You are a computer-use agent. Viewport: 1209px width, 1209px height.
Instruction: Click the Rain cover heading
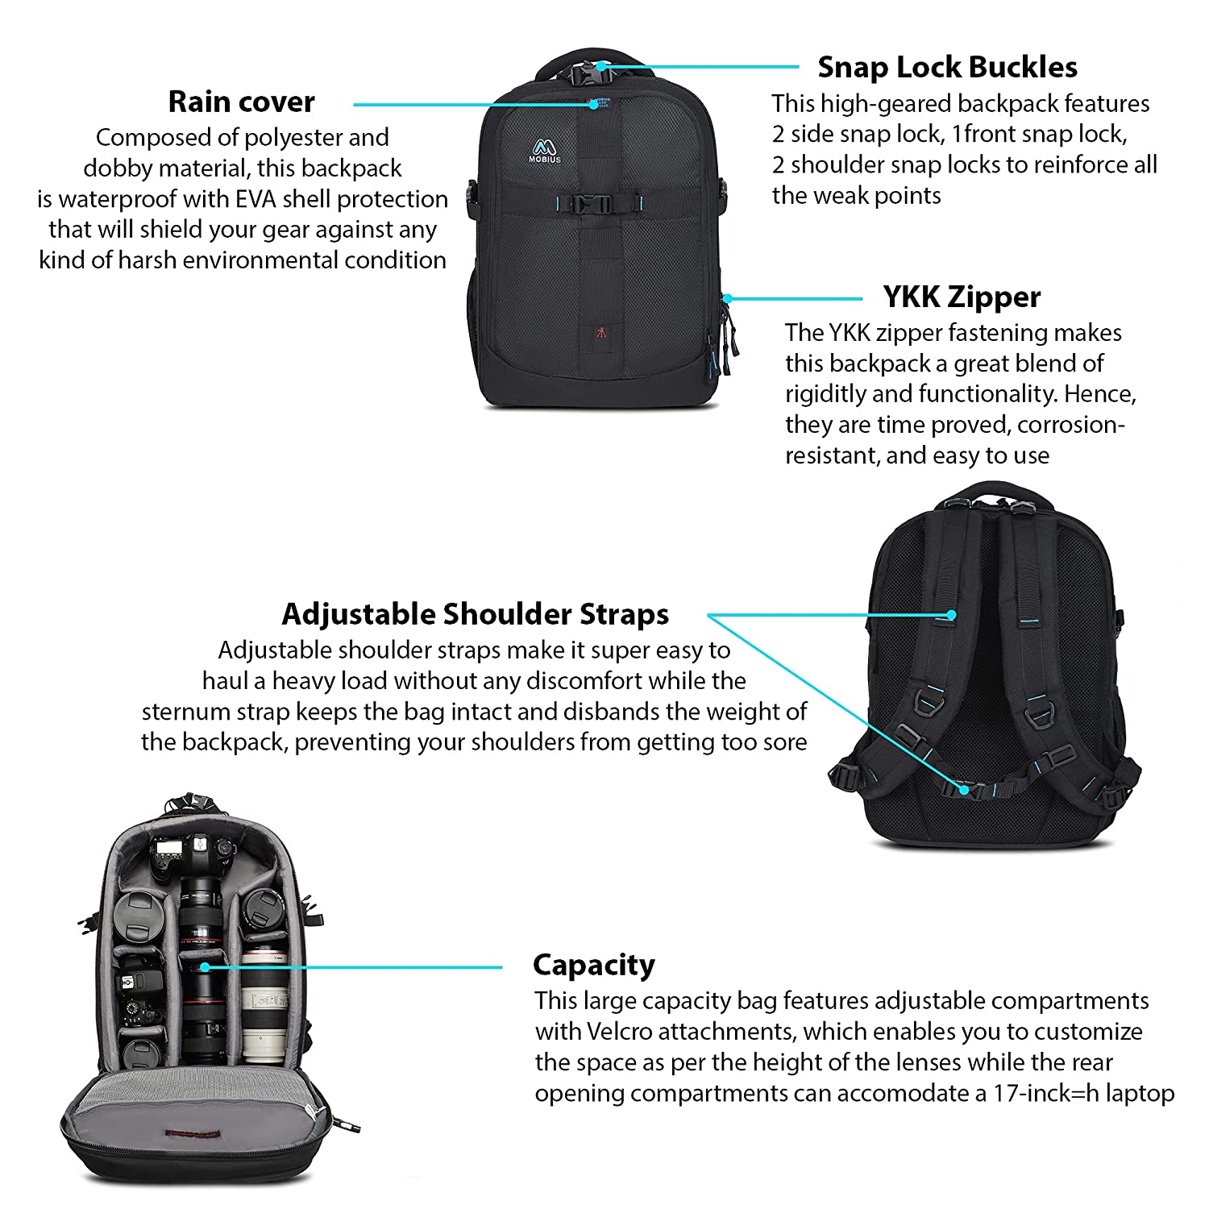point(241,102)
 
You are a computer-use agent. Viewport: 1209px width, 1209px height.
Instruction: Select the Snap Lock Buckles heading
point(947,68)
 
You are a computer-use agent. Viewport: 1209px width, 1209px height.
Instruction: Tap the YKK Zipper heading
point(962,297)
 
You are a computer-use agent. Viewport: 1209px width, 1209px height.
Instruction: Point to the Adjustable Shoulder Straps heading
point(475,615)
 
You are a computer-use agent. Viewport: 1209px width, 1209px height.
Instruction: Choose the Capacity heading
point(593,965)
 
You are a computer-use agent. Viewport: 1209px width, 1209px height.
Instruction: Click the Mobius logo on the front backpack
point(546,151)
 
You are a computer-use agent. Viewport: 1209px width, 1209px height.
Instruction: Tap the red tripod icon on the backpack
point(601,332)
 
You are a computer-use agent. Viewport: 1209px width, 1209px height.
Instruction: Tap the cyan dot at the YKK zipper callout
point(727,298)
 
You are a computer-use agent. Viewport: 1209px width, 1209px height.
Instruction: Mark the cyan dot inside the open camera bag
point(206,966)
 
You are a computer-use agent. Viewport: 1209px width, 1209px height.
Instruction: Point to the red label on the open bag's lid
point(192,1133)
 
